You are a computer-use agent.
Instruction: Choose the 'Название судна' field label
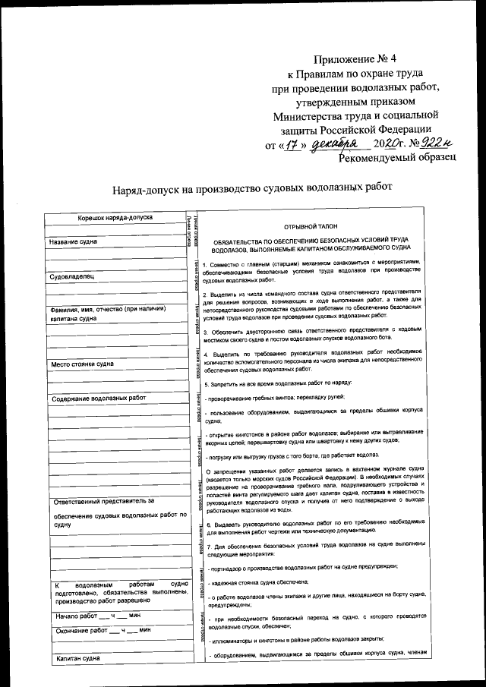point(79,242)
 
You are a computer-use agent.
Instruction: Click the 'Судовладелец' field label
point(72,277)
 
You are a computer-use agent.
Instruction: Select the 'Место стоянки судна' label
point(83,364)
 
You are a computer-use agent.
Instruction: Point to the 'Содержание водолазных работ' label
point(98,399)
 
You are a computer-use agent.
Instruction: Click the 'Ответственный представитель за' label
point(103,501)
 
